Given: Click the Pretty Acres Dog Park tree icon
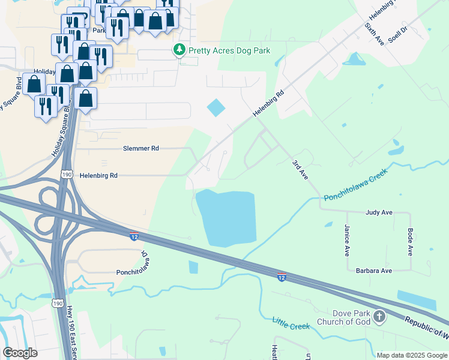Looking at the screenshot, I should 179,50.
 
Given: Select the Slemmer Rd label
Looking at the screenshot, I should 141,148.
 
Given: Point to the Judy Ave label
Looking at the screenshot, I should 379,212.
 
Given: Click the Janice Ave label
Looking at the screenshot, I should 347,240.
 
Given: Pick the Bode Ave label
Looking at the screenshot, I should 411,241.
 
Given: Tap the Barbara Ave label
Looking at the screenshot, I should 373,271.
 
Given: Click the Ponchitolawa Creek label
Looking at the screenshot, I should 355,185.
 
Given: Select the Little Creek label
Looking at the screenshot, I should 291,323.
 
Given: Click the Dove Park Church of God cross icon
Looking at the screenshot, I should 379,316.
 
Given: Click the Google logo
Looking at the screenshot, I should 20,353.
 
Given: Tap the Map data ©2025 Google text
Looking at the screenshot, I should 412,355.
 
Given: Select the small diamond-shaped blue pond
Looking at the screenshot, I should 216,108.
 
